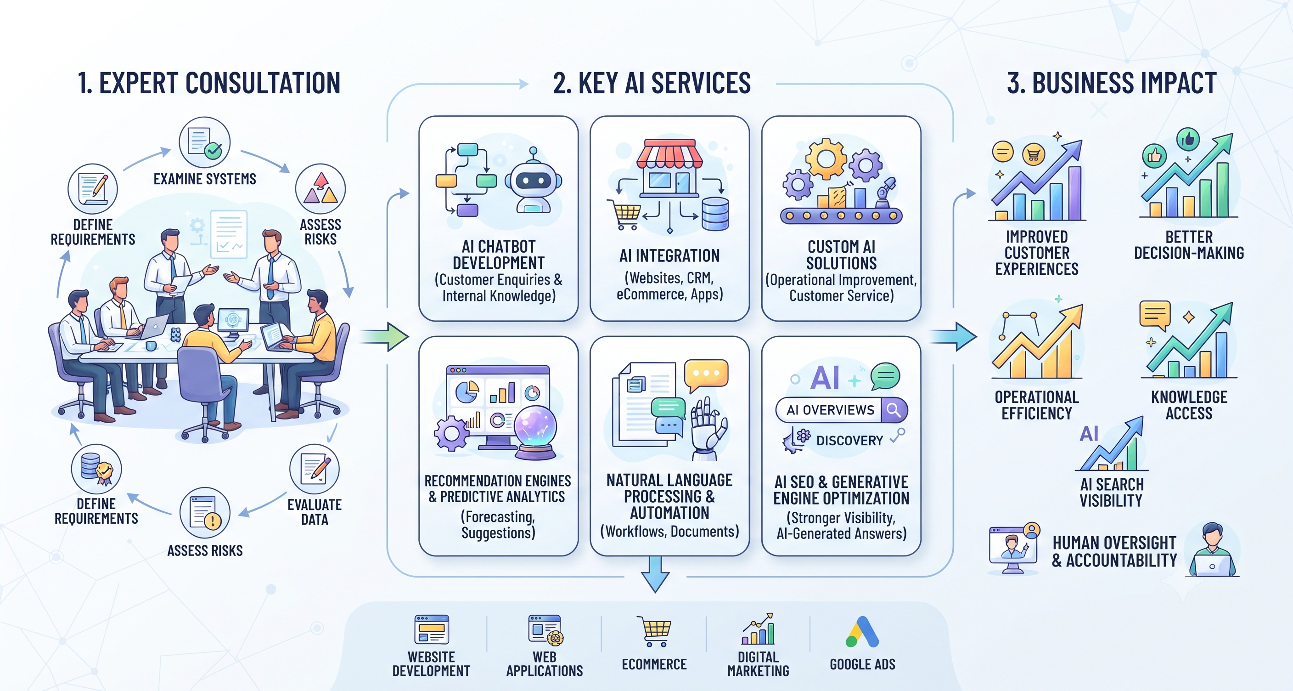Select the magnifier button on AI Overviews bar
(x=894, y=410)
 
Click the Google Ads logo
(x=862, y=632)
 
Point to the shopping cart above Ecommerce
(x=654, y=631)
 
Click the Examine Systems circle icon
(x=205, y=142)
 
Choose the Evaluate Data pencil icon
(x=315, y=469)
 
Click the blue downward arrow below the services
(x=655, y=574)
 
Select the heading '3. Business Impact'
(x=1112, y=83)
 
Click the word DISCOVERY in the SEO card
(x=849, y=441)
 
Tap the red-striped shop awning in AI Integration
(x=669, y=153)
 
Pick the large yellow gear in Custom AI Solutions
(x=826, y=158)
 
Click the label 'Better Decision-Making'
(x=1189, y=244)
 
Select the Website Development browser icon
(x=432, y=629)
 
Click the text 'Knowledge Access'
(x=1189, y=405)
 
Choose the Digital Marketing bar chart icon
(x=758, y=629)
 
